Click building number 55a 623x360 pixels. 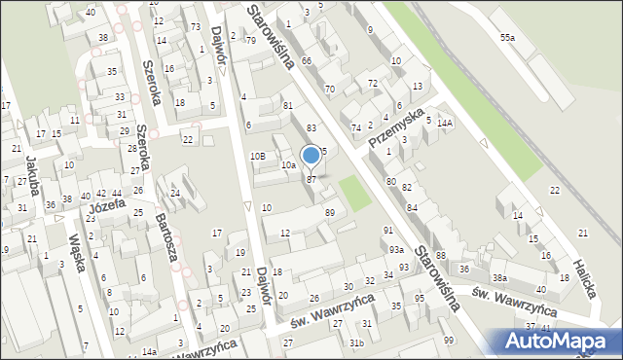pos(507,36)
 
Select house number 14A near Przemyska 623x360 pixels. pos(445,124)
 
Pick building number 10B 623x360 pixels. pos(258,156)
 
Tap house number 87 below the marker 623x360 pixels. pos(311,180)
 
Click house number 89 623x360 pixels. pos(330,212)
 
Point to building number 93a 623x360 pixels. pos(396,250)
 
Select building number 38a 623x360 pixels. pos(499,277)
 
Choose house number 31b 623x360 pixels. pos(357,342)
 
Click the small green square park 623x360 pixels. pos(356,192)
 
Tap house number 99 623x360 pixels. pos(448,340)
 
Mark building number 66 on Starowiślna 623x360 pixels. pos(307,60)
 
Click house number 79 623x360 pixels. pos(251,40)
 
